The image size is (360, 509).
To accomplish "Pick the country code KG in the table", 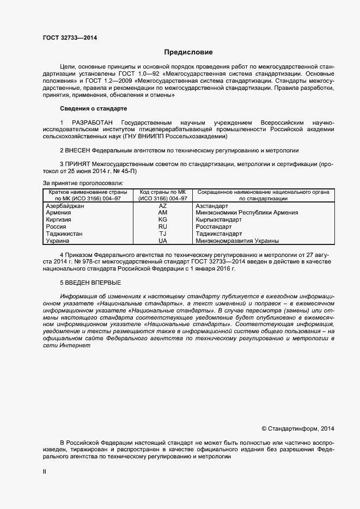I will (162, 219).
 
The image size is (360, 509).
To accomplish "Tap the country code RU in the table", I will (162, 226).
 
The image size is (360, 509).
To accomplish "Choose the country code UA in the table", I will (162, 240).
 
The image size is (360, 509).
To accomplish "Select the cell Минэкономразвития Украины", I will (237, 240).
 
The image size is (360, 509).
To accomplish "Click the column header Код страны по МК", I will (162, 193).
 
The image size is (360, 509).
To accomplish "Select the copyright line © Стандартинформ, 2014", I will (298, 428).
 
